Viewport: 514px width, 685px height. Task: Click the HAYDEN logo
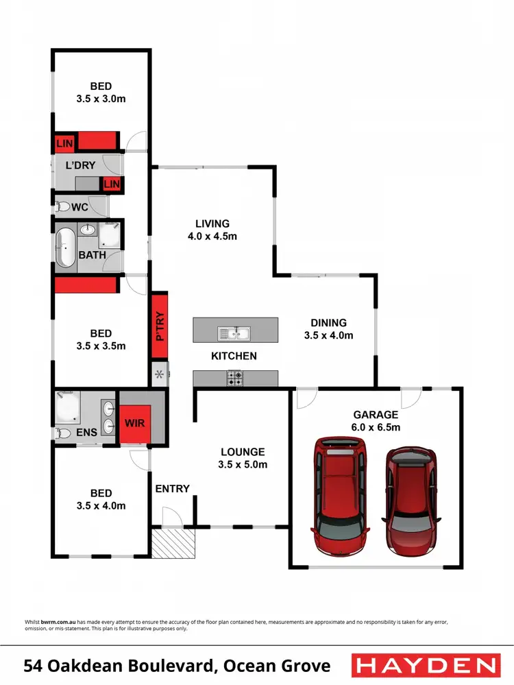pyautogui.click(x=425, y=665)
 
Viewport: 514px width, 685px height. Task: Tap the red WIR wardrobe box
pyautogui.click(x=135, y=422)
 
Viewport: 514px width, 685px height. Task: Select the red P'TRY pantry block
pyautogui.click(x=160, y=325)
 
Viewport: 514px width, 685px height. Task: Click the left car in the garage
pyautogui.click(x=339, y=495)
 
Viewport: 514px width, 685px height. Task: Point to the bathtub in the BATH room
pyautogui.click(x=66, y=247)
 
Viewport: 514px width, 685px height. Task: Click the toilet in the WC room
pyautogui.click(x=64, y=206)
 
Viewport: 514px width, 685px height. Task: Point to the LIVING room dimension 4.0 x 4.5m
pyautogui.click(x=212, y=237)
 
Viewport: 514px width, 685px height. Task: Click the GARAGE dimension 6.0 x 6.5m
pyautogui.click(x=376, y=427)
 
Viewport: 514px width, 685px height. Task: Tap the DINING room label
pyautogui.click(x=328, y=323)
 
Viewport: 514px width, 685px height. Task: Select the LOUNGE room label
pyautogui.click(x=243, y=452)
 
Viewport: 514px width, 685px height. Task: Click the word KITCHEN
pyautogui.click(x=234, y=356)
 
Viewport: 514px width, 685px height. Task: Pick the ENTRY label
pyautogui.click(x=172, y=488)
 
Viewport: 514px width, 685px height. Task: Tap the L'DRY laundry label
pyautogui.click(x=79, y=165)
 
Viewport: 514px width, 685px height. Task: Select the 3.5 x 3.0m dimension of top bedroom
pyautogui.click(x=101, y=99)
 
